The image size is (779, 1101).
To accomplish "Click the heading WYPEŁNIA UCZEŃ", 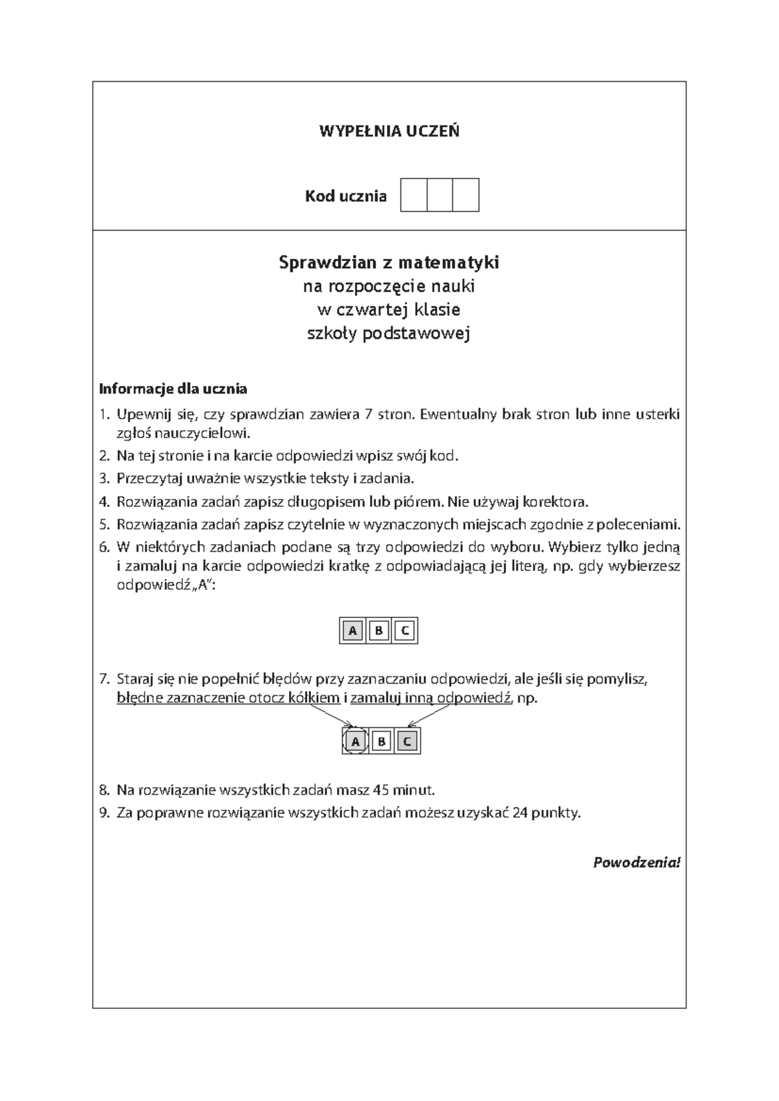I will [389, 131].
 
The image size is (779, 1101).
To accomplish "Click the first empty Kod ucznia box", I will [414, 195].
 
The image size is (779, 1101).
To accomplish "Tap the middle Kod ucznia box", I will [439, 195].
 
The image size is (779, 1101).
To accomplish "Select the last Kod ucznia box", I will [465, 195].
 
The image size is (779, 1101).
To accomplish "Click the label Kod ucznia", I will [346, 196].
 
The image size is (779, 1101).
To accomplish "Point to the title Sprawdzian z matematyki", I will [389, 263].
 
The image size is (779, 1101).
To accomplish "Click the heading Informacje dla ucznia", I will [173, 390].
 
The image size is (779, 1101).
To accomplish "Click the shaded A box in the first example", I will [352, 630].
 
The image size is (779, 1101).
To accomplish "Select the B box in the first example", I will [378, 630].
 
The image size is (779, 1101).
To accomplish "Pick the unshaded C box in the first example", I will [404, 630].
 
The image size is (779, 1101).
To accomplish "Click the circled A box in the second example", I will [355, 741].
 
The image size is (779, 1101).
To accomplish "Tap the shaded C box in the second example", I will [407, 741].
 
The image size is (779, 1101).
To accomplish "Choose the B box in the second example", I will [381, 741].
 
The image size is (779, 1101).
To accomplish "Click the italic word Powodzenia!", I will [637, 863].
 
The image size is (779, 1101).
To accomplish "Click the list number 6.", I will [104, 547].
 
